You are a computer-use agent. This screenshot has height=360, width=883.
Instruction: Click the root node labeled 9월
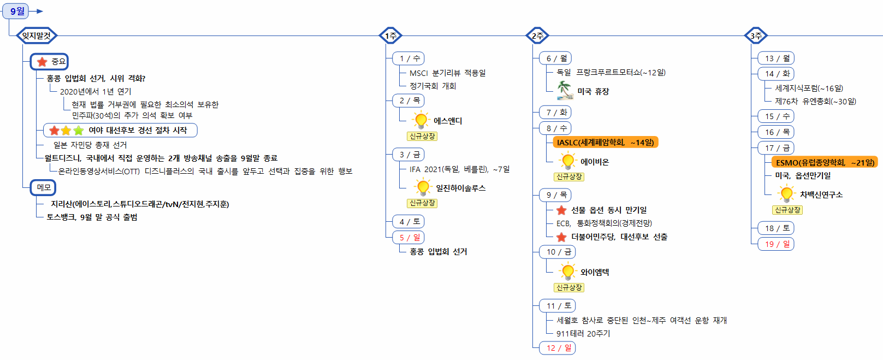coord(17,11)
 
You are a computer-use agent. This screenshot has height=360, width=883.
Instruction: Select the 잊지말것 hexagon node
coord(37,36)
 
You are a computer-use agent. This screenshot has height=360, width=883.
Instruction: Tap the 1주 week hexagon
coord(390,36)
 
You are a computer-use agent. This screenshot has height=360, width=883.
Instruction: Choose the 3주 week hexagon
coord(756,36)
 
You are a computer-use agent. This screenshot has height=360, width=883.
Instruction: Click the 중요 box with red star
coord(50,62)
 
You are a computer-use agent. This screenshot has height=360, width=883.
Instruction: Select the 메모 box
coord(43,187)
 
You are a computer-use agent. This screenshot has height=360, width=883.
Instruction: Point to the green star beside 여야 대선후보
coord(79,131)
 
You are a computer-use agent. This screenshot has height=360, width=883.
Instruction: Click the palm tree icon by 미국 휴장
coord(565,90)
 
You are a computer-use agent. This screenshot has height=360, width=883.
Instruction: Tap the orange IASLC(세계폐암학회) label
coord(605,143)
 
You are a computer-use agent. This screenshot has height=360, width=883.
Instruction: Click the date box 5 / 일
coord(408,238)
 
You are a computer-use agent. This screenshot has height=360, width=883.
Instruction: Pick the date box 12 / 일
coord(558,348)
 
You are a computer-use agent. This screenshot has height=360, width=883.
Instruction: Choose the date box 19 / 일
coord(776,244)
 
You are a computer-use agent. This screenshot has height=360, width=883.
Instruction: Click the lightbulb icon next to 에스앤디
coord(420,120)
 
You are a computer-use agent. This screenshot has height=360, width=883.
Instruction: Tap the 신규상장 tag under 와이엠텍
coord(569,287)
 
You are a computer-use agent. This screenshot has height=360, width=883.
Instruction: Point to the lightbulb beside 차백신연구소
coord(786,194)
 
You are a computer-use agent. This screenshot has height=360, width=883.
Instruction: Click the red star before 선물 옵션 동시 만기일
coord(561,210)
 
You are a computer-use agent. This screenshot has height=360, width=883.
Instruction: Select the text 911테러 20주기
coord(583,334)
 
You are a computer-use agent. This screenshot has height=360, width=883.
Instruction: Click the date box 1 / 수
coord(408,58)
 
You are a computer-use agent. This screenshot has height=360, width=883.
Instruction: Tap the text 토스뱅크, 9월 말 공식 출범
coord(92,217)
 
